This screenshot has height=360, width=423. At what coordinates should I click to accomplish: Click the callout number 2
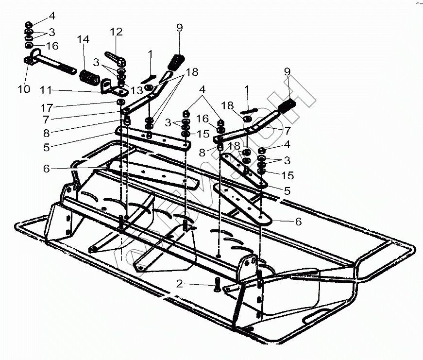tap(180, 284)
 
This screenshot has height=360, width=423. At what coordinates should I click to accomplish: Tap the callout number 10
tap(24, 89)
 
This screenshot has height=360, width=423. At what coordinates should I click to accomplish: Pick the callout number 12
tap(116, 32)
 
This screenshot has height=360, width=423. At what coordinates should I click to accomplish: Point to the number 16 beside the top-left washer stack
tap(52, 46)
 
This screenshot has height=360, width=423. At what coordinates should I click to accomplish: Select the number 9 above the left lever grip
tap(180, 28)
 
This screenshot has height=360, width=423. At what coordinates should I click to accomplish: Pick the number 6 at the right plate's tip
tap(298, 222)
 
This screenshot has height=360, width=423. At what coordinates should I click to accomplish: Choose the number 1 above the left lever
tap(151, 53)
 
